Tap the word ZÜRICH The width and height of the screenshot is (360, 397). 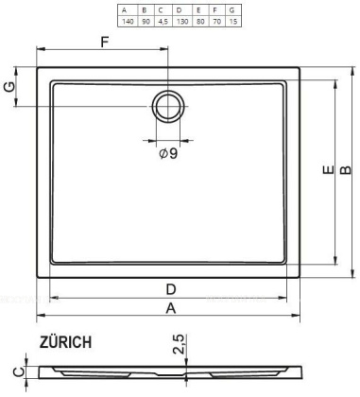coord(66,343)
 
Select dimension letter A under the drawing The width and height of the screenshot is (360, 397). coord(170,308)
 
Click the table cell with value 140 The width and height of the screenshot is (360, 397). coord(125,20)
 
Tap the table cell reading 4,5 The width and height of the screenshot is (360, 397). coord(162,20)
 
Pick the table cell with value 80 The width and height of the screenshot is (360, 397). coord(198,20)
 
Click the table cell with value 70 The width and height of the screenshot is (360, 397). coord(216,20)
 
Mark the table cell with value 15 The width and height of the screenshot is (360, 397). coord(233,20)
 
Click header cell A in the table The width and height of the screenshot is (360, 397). coord(125,9)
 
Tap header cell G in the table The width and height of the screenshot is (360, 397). coord(233,9)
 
